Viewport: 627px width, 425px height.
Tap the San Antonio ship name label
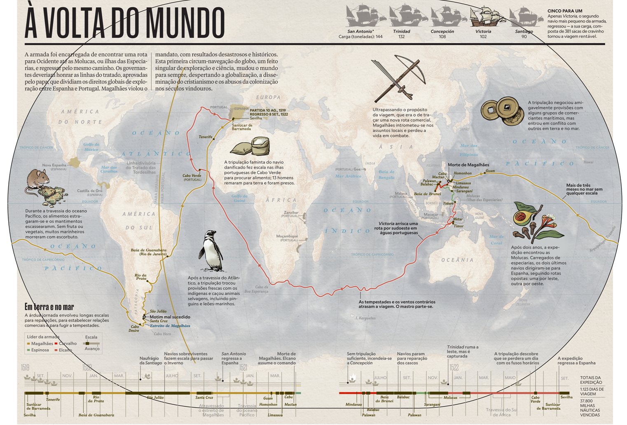[x=360, y=31]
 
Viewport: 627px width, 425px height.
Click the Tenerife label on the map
[x=205, y=137]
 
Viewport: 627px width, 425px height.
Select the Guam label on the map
[x=490, y=170]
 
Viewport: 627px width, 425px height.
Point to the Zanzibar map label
[x=291, y=212]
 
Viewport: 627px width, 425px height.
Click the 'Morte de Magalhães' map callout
[x=468, y=165]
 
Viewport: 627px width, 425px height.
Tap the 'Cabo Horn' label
[x=162, y=334]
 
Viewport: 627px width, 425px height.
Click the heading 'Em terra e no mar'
[x=49, y=307]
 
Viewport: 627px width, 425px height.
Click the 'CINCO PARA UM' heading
[x=565, y=11]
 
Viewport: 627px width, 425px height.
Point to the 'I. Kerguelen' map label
[x=365, y=318]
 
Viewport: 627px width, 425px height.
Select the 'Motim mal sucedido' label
[x=170, y=317]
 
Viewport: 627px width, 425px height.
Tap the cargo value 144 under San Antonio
[x=379, y=37]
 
